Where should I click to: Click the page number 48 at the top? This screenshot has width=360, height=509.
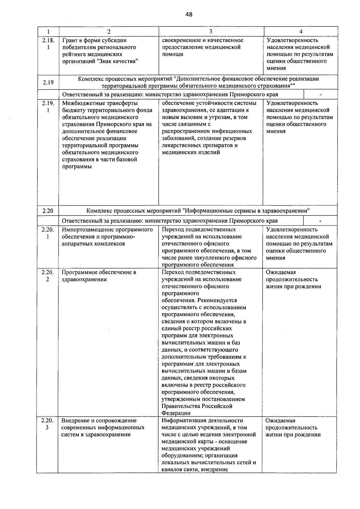tap(189, 14)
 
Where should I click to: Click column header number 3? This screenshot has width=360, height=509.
tap(211, 31)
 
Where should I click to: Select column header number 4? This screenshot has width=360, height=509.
tap(301, 31)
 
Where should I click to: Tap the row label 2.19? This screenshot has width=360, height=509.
tap(48, 82)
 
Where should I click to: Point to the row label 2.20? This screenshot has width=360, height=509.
tap(48, 211)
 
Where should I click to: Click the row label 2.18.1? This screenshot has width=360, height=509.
tap(48, 44)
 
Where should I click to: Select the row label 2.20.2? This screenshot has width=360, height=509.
tap(47, 276)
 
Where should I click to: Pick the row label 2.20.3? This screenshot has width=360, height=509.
tap(47, 424)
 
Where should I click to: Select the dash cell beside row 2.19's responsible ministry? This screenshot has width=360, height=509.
tap(321, 95)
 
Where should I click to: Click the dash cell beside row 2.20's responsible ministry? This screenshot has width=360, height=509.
tap(320, 221)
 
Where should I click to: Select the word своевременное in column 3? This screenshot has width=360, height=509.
tap(179, 40)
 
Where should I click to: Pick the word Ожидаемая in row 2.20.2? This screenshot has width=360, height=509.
tap(280, 272)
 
